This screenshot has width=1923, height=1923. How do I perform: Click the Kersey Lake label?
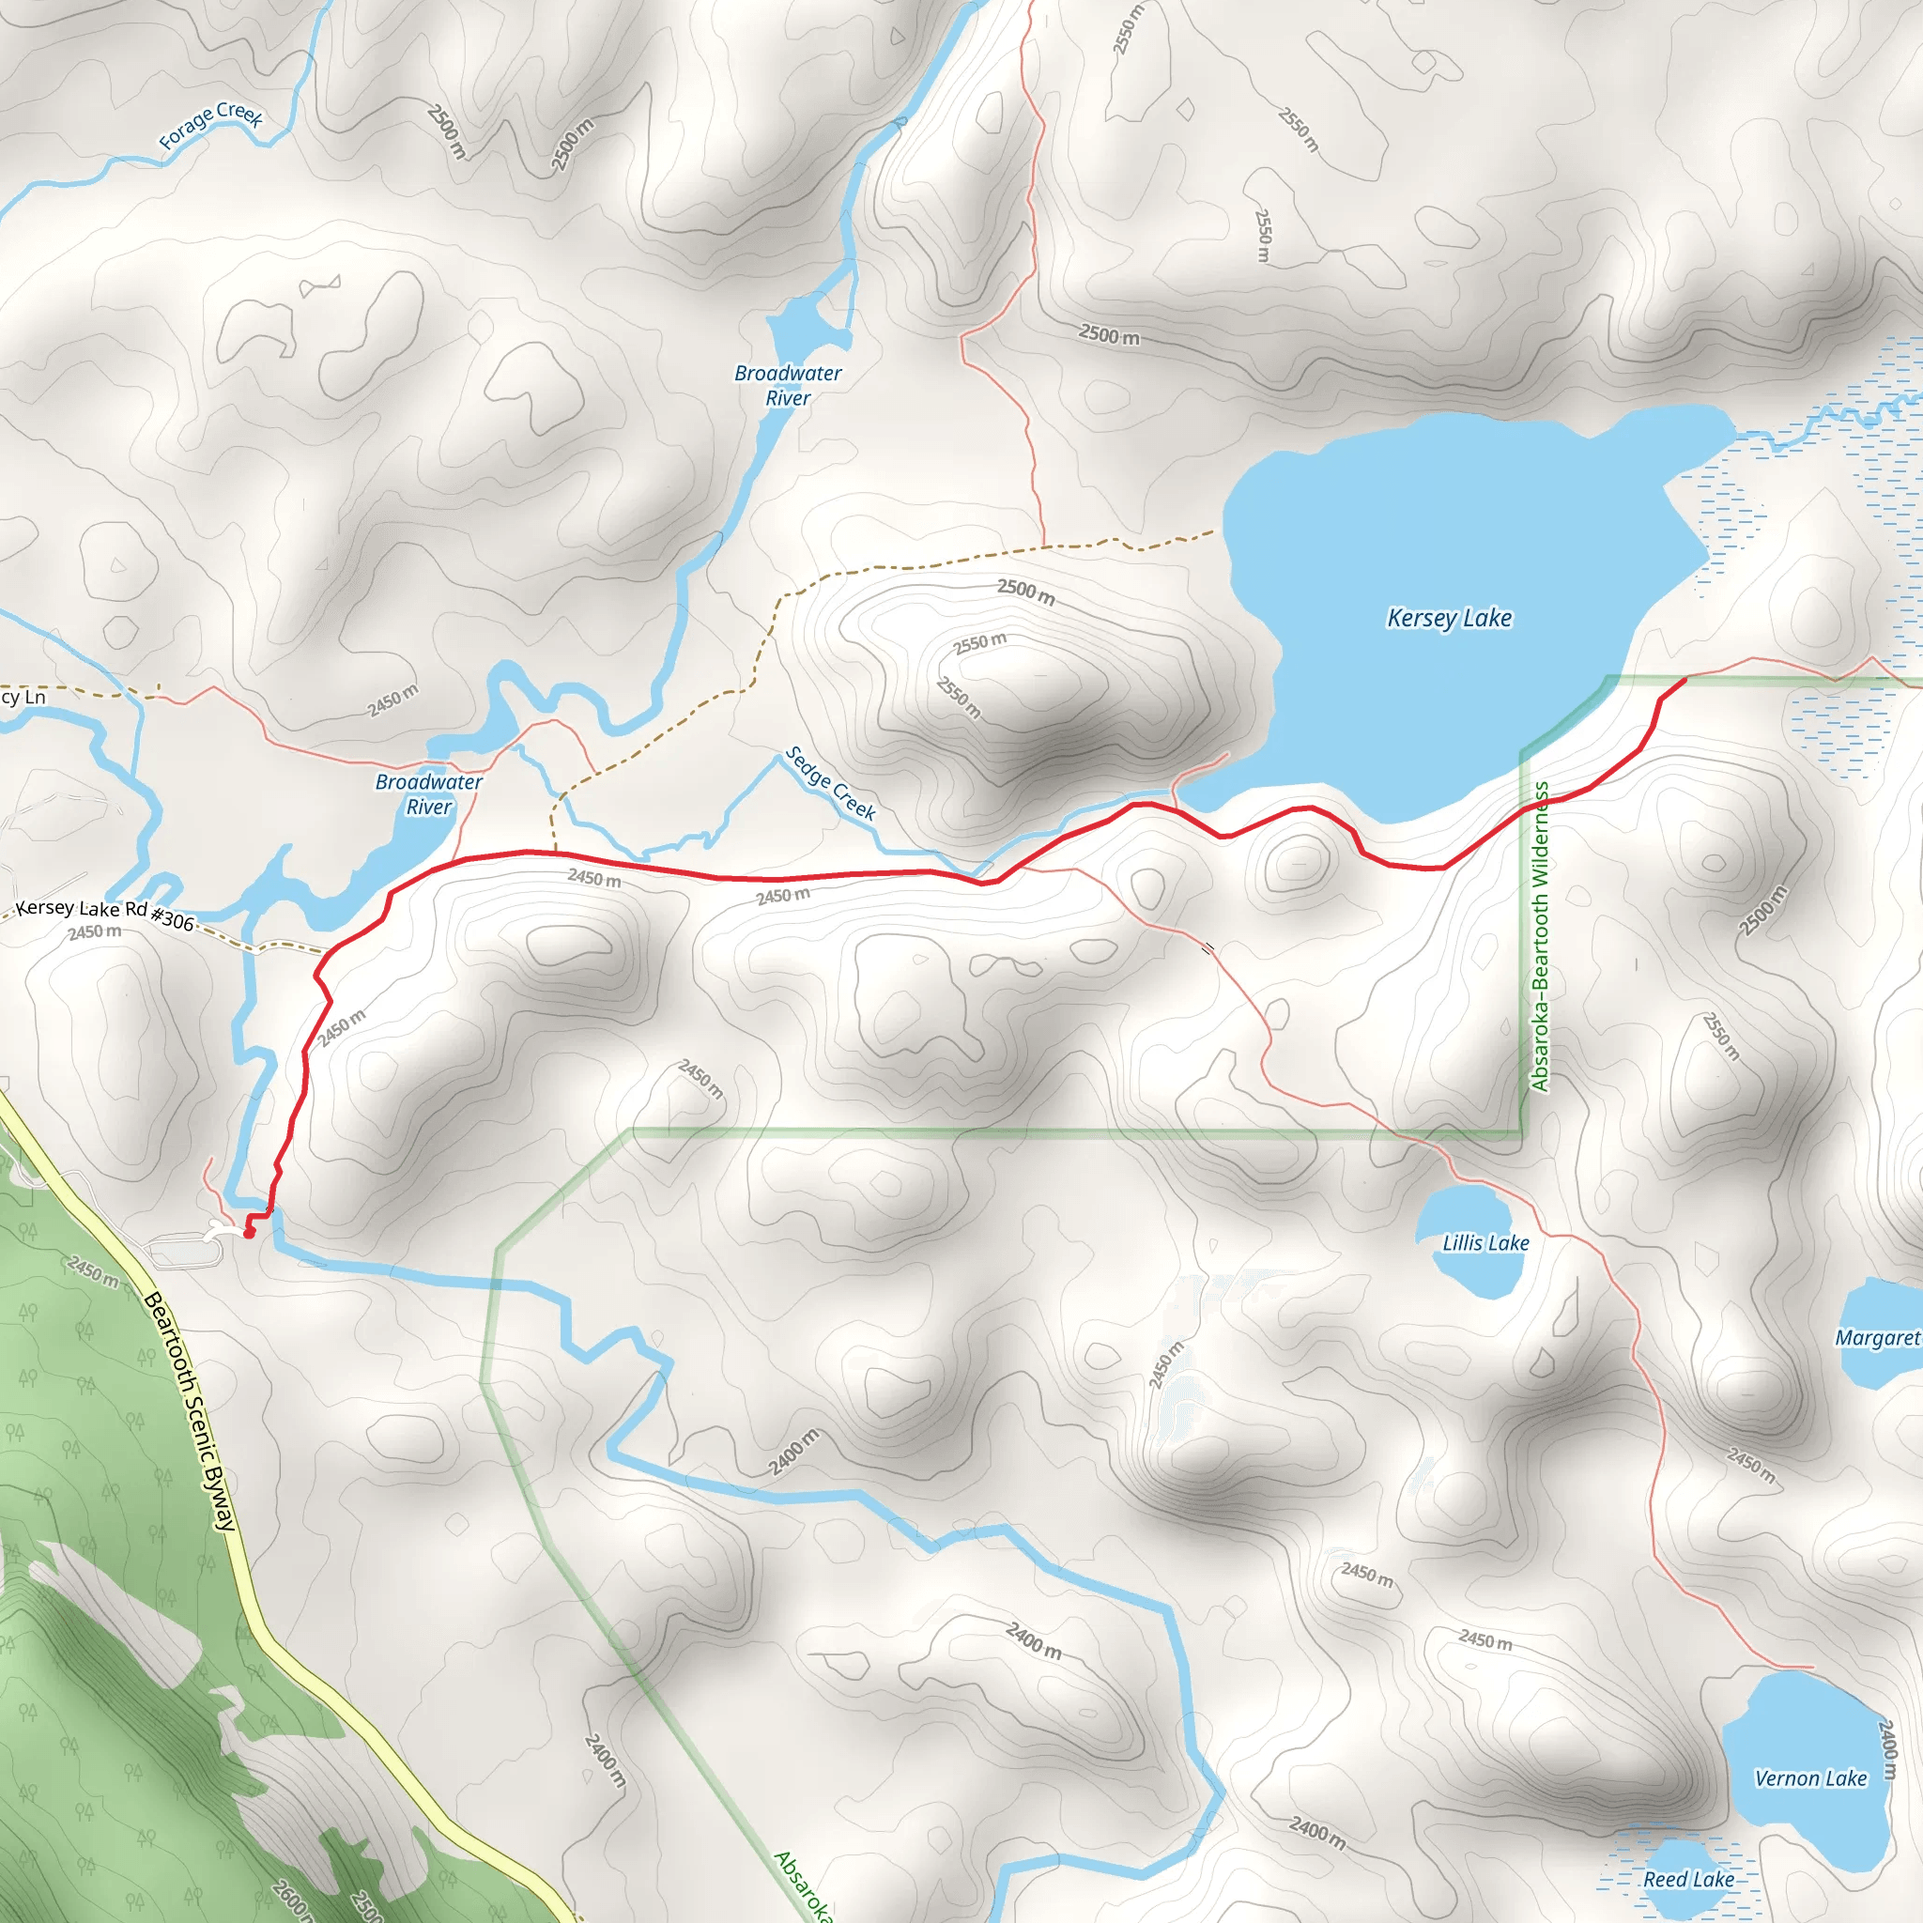click(x=1449, y=618)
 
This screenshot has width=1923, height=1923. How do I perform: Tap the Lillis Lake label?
click(x=1485, y=1243)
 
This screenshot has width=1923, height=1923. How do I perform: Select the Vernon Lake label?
click(x=1810, y=1777)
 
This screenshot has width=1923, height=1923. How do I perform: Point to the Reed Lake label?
click(x=1688, y=1879)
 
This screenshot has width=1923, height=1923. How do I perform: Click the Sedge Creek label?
click(x=830, y=783)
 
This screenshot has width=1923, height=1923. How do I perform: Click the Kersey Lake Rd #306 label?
click(x=104, y=913)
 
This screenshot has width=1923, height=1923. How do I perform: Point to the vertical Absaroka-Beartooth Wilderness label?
click(x=1540, y=936)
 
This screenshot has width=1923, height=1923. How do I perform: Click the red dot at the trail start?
click(x=249, y=1233)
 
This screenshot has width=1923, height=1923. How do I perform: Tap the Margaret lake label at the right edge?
click(x=1877, y=1338)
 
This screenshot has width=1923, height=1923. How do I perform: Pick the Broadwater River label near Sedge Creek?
click(x=429, y=794)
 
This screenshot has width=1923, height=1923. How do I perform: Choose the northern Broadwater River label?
click(x=787, y=385)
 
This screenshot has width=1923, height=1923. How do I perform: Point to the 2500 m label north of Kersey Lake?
click(x=1109, y=335)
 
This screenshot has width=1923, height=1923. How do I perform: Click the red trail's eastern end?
click(x=1685, y=679)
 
